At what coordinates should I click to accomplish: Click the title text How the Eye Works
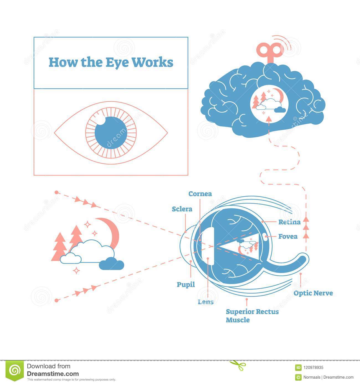coord(111,62)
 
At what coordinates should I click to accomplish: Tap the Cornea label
coord(200,194)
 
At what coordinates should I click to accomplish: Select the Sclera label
coord(182,209)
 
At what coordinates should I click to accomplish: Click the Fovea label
coord(288,237)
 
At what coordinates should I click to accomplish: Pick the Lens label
coord(205,302)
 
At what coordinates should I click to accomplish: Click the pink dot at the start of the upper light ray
coord(56,192)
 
